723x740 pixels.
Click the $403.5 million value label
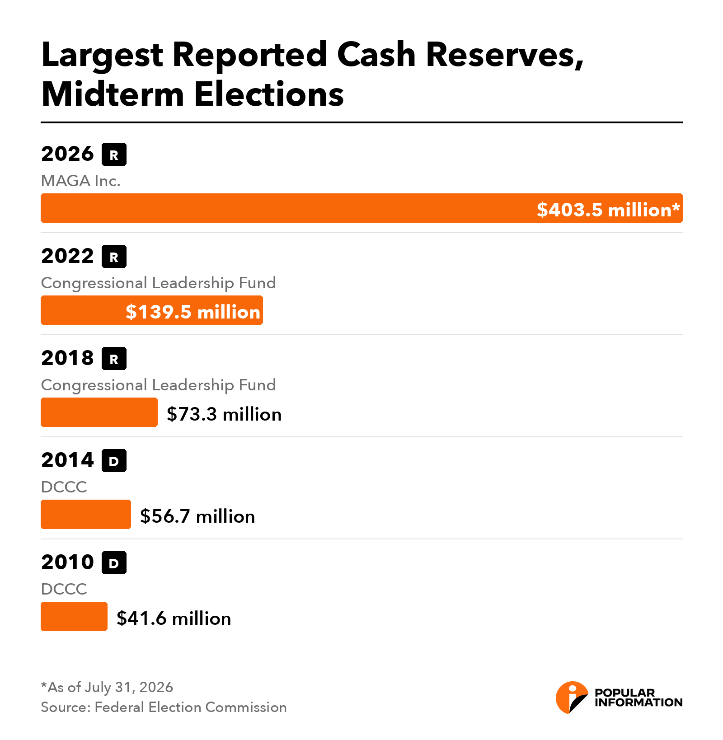coord(608,210)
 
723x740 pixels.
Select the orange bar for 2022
coord(152,310)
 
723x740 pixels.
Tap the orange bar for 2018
coord(99,412)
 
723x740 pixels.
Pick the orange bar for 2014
coord(86,514)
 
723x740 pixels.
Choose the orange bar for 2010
coord(74,616)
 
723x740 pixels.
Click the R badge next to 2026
coord(114,155)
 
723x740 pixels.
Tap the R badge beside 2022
coord(114,257)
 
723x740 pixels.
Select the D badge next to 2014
coord(114,461)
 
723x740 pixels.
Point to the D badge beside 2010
coord(114,563)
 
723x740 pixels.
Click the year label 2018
coord(67,358)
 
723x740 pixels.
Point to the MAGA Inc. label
coord(81,181)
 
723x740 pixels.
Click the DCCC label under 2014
coord(64,487)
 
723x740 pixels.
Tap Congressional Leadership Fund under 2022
coord(158,283)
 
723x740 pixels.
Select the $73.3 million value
coord(224,414)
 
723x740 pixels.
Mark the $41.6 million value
coord(174,618)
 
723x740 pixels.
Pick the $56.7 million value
coord(197,516)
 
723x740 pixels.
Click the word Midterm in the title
coord(113,94)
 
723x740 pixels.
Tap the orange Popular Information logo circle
coord(572,698)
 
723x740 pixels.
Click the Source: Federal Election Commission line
coord(164,707)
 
